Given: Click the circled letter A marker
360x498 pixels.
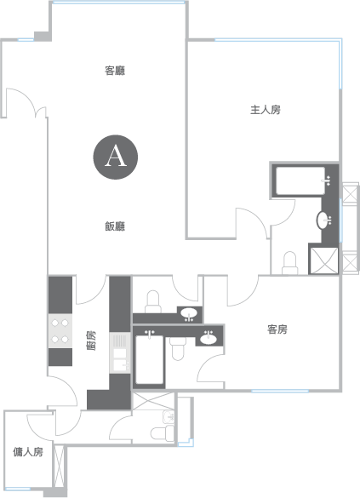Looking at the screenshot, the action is tap(116, 157).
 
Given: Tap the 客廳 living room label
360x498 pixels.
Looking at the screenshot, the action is tap(115, 71).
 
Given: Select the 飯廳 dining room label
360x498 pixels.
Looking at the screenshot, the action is tap(115, 226).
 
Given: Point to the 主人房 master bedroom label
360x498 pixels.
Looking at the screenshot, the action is tap(266, 110).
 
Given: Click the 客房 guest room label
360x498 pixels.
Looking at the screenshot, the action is tap(277, 329).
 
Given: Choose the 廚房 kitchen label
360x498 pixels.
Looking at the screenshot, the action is tap(91, 341).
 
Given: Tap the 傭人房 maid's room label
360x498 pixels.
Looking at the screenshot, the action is tap(28, 452).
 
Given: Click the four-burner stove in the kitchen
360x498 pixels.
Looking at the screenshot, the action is tap(60, 331).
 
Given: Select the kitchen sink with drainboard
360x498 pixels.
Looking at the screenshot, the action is tap(120, 352).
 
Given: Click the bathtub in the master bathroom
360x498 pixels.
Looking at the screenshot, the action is tap(300, 180).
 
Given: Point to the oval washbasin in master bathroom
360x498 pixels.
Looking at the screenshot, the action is tap(323, 220).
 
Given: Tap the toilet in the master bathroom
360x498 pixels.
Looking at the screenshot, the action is tap(290, 263).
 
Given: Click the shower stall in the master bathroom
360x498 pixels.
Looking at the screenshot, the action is tap(323, 260).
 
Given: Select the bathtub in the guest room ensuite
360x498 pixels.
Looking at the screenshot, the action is tap(150, 359).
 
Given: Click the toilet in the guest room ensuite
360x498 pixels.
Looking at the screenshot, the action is tap(178, 349).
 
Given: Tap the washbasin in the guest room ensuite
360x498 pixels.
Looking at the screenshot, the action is tap(209, 339).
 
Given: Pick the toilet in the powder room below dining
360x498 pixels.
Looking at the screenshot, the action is tap(153, 301).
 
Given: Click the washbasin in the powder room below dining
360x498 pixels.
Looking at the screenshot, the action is tap(189, 313).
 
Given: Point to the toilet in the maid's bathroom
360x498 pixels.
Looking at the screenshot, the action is tap(163, 433).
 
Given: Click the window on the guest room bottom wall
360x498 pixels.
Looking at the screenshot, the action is tap(280, 391).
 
